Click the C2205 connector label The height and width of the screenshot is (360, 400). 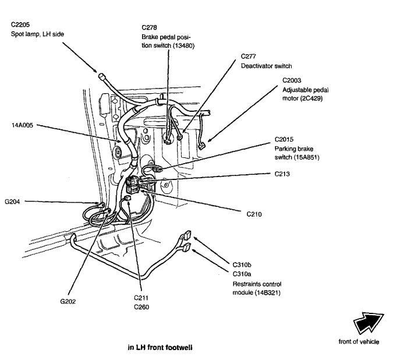click(20, 24)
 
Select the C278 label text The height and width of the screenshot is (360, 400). click(150, 27)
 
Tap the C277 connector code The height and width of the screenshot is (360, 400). click(250, 57)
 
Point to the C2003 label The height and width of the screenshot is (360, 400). click(292, 79)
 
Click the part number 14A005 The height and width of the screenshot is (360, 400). click(21, 125)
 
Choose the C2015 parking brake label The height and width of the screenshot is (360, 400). click(285, 139)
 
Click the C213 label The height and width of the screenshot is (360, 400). click(283, 173)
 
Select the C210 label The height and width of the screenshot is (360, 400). click(254, 214)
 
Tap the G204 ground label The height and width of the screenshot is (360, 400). click(12, 202)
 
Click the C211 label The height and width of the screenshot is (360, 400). click(142, 298)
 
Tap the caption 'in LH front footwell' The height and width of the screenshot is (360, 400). click(160, 347)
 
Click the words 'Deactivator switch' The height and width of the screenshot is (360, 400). click(266, 66)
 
